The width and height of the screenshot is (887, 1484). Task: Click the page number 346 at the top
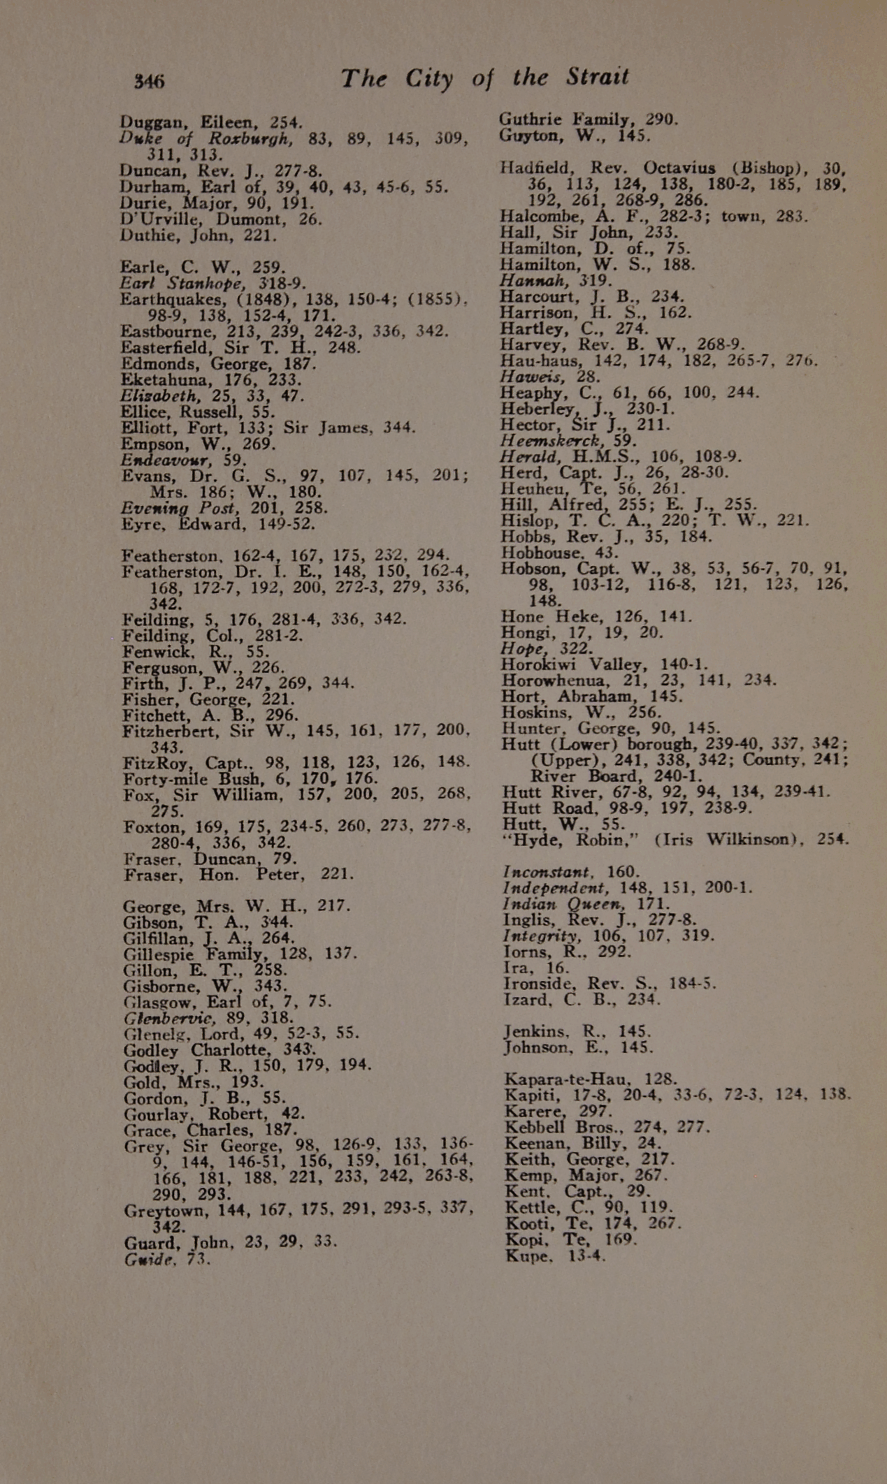[x=149, y=81]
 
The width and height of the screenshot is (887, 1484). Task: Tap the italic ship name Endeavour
[x=164, y=460]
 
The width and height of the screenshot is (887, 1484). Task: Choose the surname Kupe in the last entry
[x=527, y=1256]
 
